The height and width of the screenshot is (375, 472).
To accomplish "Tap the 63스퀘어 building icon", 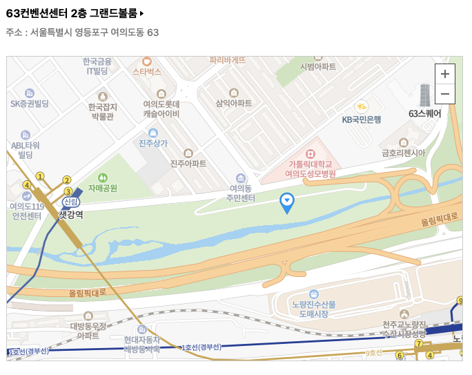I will [x=424, y=95].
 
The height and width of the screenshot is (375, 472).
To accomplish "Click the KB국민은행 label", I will [x=362, y=119].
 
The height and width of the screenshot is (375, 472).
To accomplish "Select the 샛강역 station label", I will [x=70, y=215].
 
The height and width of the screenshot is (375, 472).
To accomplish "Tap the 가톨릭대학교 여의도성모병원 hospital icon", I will [x=311, y=153].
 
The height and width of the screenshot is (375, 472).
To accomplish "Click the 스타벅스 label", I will [x=146, y=71].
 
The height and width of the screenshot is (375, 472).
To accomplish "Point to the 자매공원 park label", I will [x=103, y=187].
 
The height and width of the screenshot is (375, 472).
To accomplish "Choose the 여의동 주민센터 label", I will [x=242, y=193].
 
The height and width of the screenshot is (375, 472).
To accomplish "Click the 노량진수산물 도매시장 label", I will [x=313, y=309].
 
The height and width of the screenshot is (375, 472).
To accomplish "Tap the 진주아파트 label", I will [x=188, y=164].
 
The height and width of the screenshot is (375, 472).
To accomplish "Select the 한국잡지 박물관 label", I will [x=103, y=111].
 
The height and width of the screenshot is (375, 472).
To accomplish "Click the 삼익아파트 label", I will [x=234, y=103].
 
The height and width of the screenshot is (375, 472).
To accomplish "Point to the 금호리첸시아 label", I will [x=404, y=153].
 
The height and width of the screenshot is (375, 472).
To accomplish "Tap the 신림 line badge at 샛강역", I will [x=70, y=202].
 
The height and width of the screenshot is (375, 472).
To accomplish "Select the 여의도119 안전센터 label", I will [x=27, y=211].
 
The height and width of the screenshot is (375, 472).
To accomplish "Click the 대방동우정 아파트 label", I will [x=88, y=330].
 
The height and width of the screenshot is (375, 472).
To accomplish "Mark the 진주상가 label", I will [x=153, y=143].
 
